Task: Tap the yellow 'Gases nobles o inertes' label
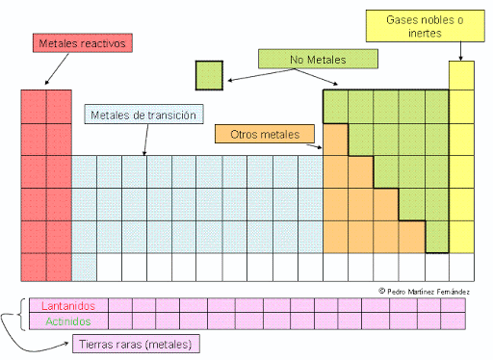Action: coord(423,26)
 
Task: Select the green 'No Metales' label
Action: coord(318,60)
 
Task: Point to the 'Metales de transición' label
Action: coord(143,116)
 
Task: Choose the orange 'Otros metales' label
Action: coord(266,134)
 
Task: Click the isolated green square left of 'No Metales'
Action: coord(209,74)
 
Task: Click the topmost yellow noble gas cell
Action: coord(461,74)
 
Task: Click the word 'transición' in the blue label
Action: coord(172,116)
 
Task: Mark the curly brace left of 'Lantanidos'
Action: coord(22,313)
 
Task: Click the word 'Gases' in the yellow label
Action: coord(402,19)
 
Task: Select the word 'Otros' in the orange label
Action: coord(245,134)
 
